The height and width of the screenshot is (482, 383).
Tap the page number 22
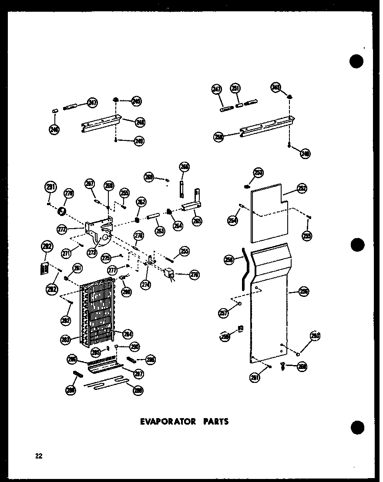(39, 456)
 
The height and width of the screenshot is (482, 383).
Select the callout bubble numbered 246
(54, 129)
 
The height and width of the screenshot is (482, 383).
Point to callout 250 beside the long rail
(219, 137)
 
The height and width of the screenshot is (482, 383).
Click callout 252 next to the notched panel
(302, 188)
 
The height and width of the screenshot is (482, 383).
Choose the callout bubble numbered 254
(233, 221)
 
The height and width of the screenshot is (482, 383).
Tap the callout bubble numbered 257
(224, 313)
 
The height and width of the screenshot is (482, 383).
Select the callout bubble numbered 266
(185, 167)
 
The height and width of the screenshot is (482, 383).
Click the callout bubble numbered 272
(63, 229)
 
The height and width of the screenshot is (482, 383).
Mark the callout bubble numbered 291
(50, 188)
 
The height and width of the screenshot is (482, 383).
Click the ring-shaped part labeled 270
(62, 212)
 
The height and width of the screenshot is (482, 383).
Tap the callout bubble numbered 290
(134, 346)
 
